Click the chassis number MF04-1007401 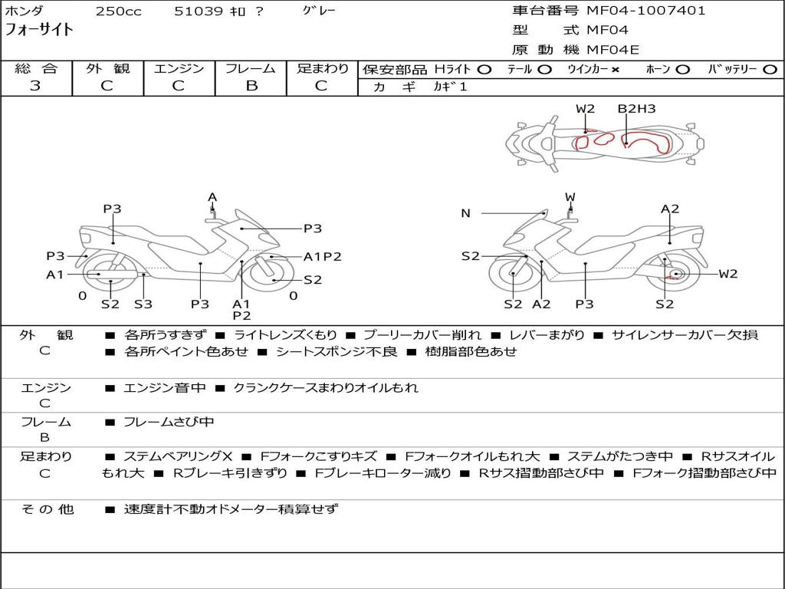(646, 11)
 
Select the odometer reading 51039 (198, 12)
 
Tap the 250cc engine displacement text (118, 12)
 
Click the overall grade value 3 (35, 86)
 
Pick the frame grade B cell (251, 86)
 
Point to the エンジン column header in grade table (179, 69)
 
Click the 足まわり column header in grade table (322, 69)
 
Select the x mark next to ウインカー (615, 70)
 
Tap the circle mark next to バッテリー (770, 70)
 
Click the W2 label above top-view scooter (586, 109)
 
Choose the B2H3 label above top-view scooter (637, 109)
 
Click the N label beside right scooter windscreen (465, 213)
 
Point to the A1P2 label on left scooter (322, 257)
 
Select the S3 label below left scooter (143, 304)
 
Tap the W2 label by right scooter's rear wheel (728, 274)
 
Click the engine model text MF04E (613, 50)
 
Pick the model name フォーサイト (39, 30)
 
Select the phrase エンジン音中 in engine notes (165, 388)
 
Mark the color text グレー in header (320, 11)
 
